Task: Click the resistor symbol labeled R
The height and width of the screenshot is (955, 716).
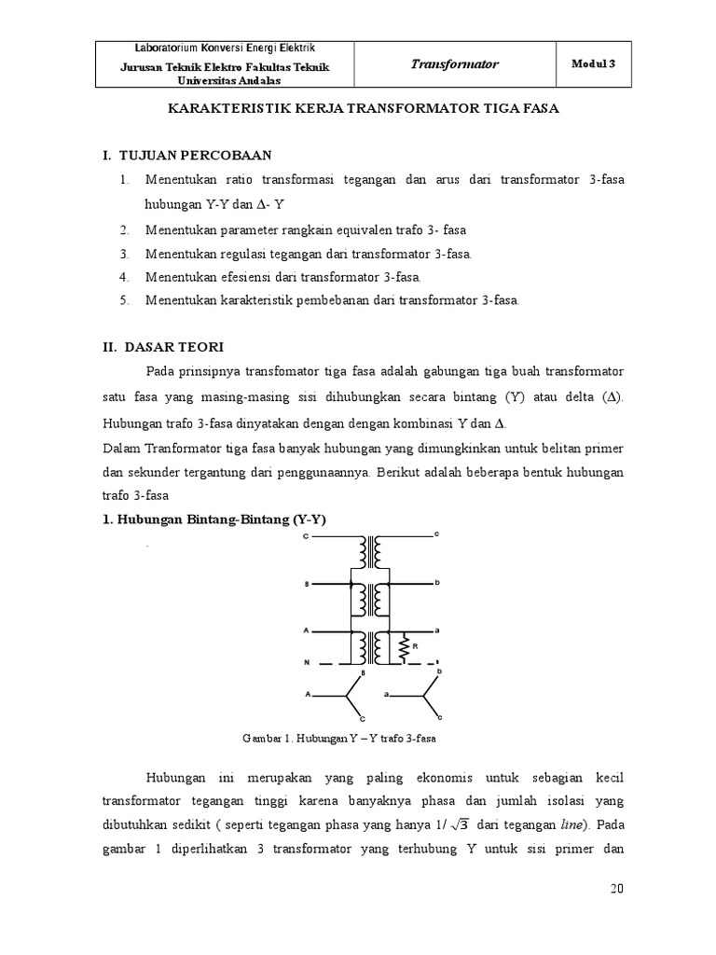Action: pyautogui.click(x=405, y=646)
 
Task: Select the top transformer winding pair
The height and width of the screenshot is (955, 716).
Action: pyautogui.click(x=370, y=552)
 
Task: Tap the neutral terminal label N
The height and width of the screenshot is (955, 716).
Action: pyautogui.click(x=307, y=662)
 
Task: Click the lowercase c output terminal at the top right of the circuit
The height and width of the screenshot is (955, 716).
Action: pyautogui.click(x=435, y=534)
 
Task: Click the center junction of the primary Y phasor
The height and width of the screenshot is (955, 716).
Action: pyautogui.click(x=347, y=695)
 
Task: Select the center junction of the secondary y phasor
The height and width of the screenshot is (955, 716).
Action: pyautogui.click(x=425, y=695)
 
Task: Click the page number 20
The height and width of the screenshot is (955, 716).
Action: pyautogui.click(x=616, y=889)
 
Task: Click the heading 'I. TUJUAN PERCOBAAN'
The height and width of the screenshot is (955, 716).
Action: pyautogui.click(x=189, y=154)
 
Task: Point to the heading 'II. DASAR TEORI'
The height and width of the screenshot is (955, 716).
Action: pyautogui.click(x=163, y=347)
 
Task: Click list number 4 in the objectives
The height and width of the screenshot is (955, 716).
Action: pyautogui.click(x=125, y=277)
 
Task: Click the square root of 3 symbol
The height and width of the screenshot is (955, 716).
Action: pyautogui.click(x=458, y=824)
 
